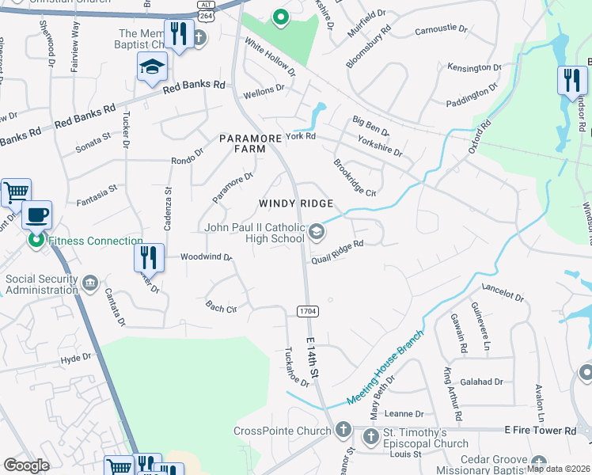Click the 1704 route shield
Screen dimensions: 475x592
[x=309, y=311]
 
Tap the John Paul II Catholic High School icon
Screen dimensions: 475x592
[x=317, y=231]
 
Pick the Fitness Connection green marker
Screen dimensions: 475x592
[x=36, y=239]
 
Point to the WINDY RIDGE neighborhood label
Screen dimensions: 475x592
[x=296, y=203]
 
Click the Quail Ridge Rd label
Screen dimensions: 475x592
[x=337, y=252]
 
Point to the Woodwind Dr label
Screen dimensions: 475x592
[x=206, y=256]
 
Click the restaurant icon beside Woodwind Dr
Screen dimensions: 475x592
[x=149, y=256]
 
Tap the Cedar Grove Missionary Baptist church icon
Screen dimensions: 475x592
[x=539, y=462]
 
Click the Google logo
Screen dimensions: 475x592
[x=26, y=465]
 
